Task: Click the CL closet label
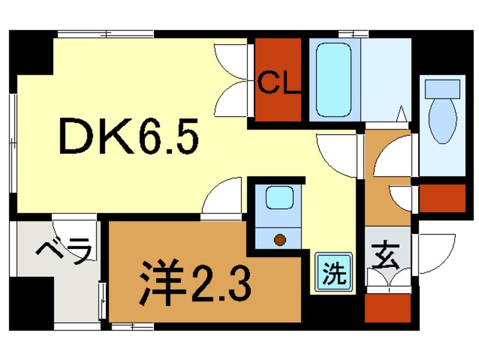tap(278, 85)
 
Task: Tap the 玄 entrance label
tap(387, 255)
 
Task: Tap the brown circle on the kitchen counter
tap(279, 239)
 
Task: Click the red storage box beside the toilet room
tap(442, 198)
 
